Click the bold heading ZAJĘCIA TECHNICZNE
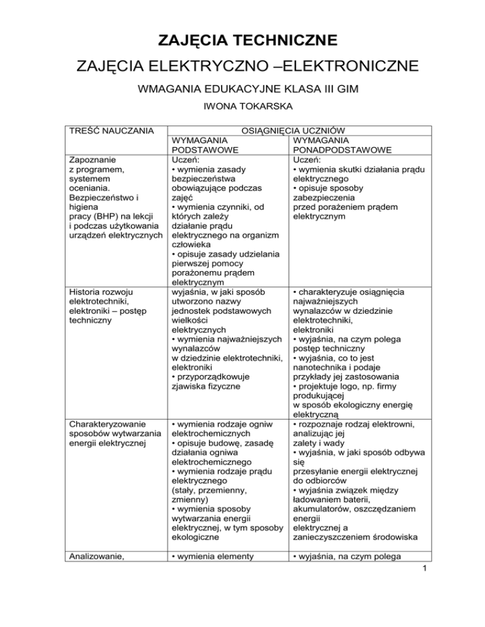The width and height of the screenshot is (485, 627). pos(242,43)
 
